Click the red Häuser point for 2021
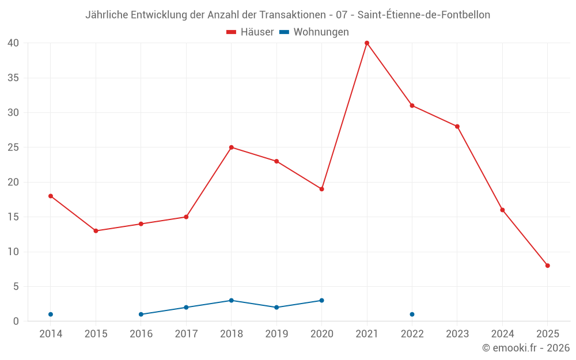[367, 43]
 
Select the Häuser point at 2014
[51, 196]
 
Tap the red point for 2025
[548, 266]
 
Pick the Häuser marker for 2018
[232, 147]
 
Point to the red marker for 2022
[412, 105]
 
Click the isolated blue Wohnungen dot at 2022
[412, 314]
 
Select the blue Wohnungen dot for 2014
[51, 314]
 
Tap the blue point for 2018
[232, 301]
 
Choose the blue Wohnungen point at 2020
[321, 301]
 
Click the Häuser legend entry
[250, 32]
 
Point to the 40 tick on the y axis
[14, 43]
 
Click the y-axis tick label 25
[14, 147]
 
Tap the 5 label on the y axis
[16, 287]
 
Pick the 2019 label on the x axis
[276, 334]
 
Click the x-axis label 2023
[457, 334]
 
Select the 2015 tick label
[96, 334]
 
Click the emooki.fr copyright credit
[526, 348]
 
